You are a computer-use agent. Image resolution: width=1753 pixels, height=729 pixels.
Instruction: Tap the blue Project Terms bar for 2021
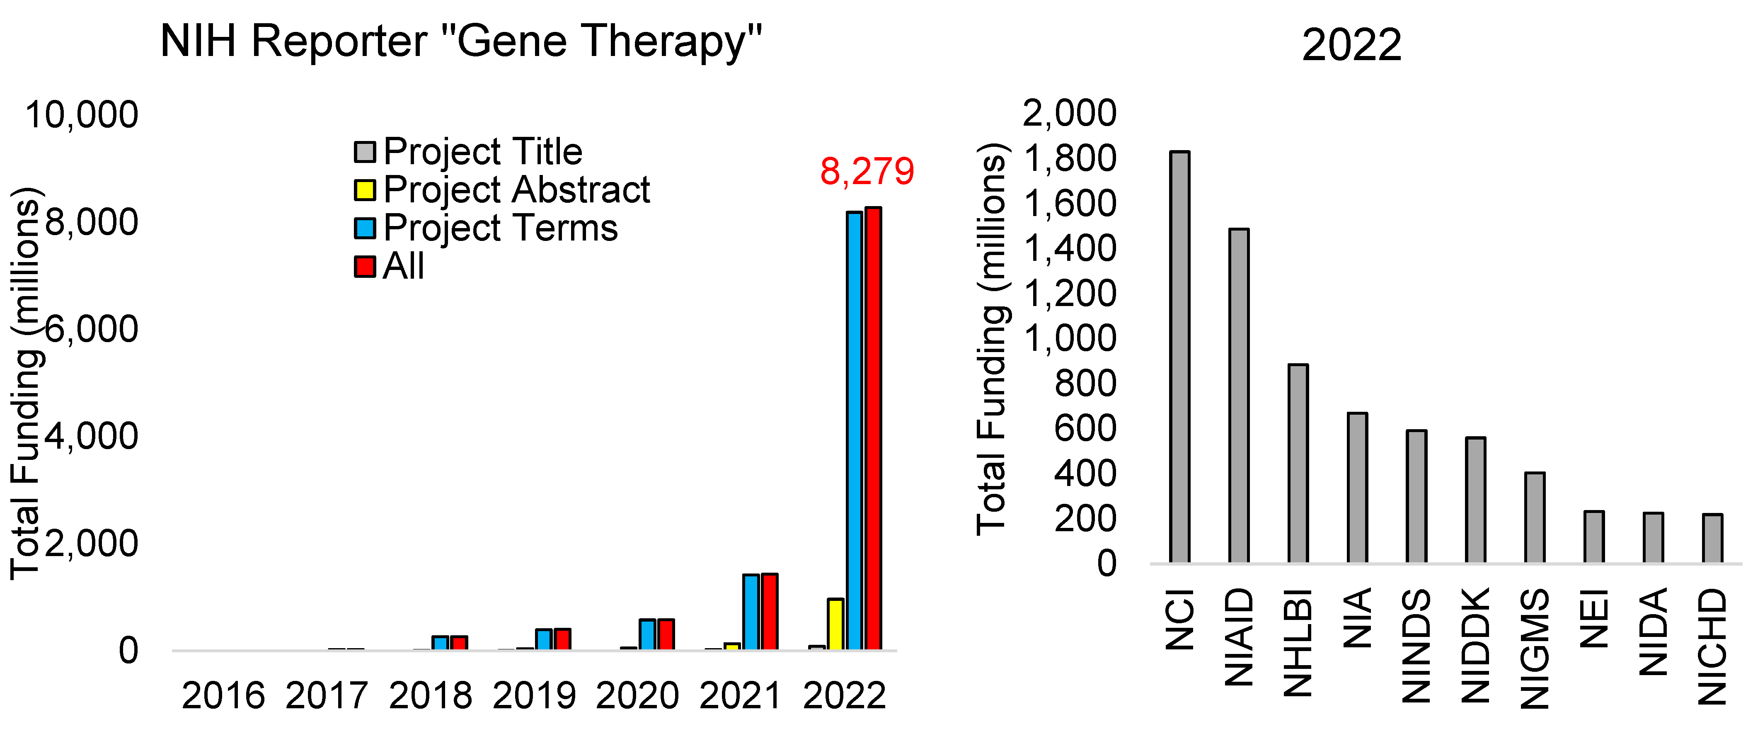click(x=751, y=612)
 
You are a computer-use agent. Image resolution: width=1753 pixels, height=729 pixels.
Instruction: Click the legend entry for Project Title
click(x=482, y=151)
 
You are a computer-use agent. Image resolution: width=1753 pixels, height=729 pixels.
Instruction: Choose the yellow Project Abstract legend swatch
click(x=365, y=190)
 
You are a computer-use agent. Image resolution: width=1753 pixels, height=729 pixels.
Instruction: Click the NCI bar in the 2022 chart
click(x=1179, y=357)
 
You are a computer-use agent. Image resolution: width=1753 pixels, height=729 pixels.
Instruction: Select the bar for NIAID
click(x=1239, y=396)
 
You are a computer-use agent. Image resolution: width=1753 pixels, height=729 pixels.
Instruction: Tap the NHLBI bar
click(x=1298, y=464)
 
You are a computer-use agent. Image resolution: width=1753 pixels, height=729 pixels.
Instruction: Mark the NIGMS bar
click(x=1535, y=518)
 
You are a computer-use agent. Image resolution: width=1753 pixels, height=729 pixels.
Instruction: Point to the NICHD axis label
click(x=1712, y=646)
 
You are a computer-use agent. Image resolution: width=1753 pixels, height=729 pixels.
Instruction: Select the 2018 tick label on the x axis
click(x=430, y=696)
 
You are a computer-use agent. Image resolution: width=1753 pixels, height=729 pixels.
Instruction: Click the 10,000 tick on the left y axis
click(x=82, y=114)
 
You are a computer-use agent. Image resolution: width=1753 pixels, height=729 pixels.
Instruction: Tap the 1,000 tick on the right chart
click(x=1070, y=338)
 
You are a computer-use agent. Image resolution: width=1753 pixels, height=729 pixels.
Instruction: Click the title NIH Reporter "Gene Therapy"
click(x=461, y=41)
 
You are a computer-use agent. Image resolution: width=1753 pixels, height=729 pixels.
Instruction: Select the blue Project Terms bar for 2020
click(x=647, y=634)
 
